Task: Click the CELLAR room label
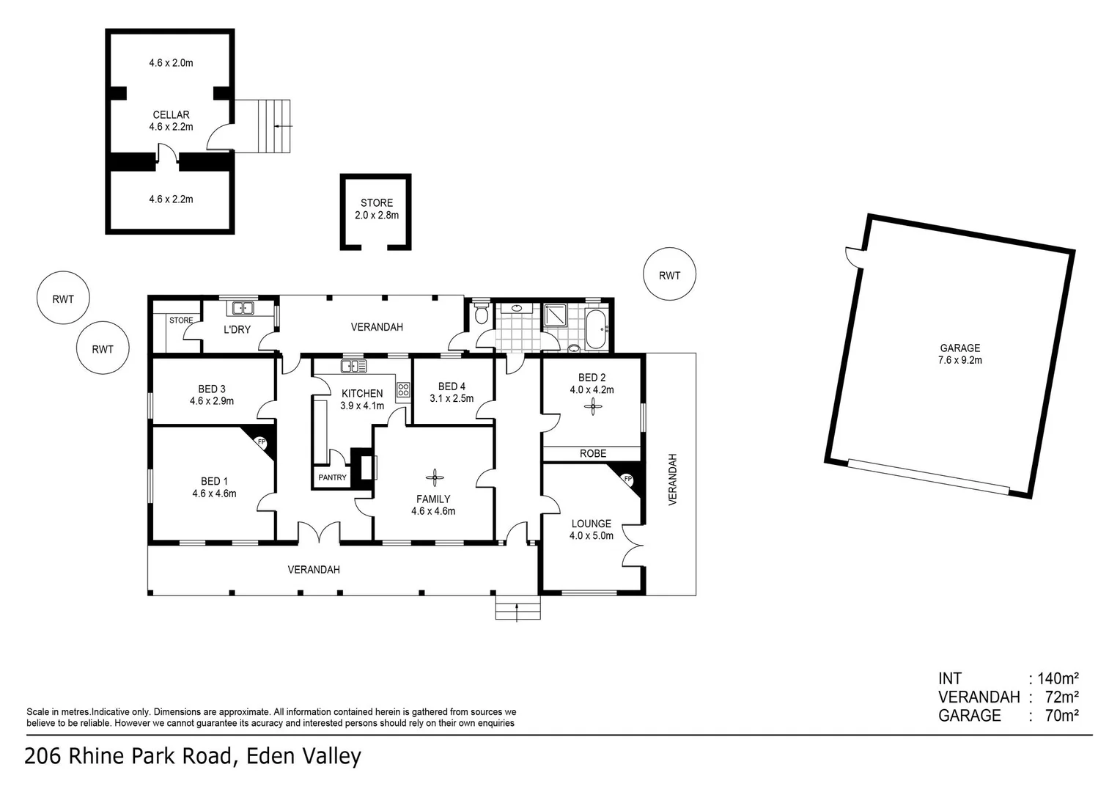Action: (171, 115)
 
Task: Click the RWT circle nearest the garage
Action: (668, 276)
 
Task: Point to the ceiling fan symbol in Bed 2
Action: (592, 409)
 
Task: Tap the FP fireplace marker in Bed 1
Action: (259, 442)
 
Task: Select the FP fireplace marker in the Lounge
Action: (627, 479)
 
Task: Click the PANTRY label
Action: (332, 477)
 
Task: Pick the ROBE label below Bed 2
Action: (592, 454)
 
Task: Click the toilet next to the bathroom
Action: (481, 315)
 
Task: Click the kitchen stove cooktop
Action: (403, 390)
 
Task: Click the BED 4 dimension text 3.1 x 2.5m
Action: (452, 399)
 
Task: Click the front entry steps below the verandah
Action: (517, 609)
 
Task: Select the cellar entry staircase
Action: (273, 126)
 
